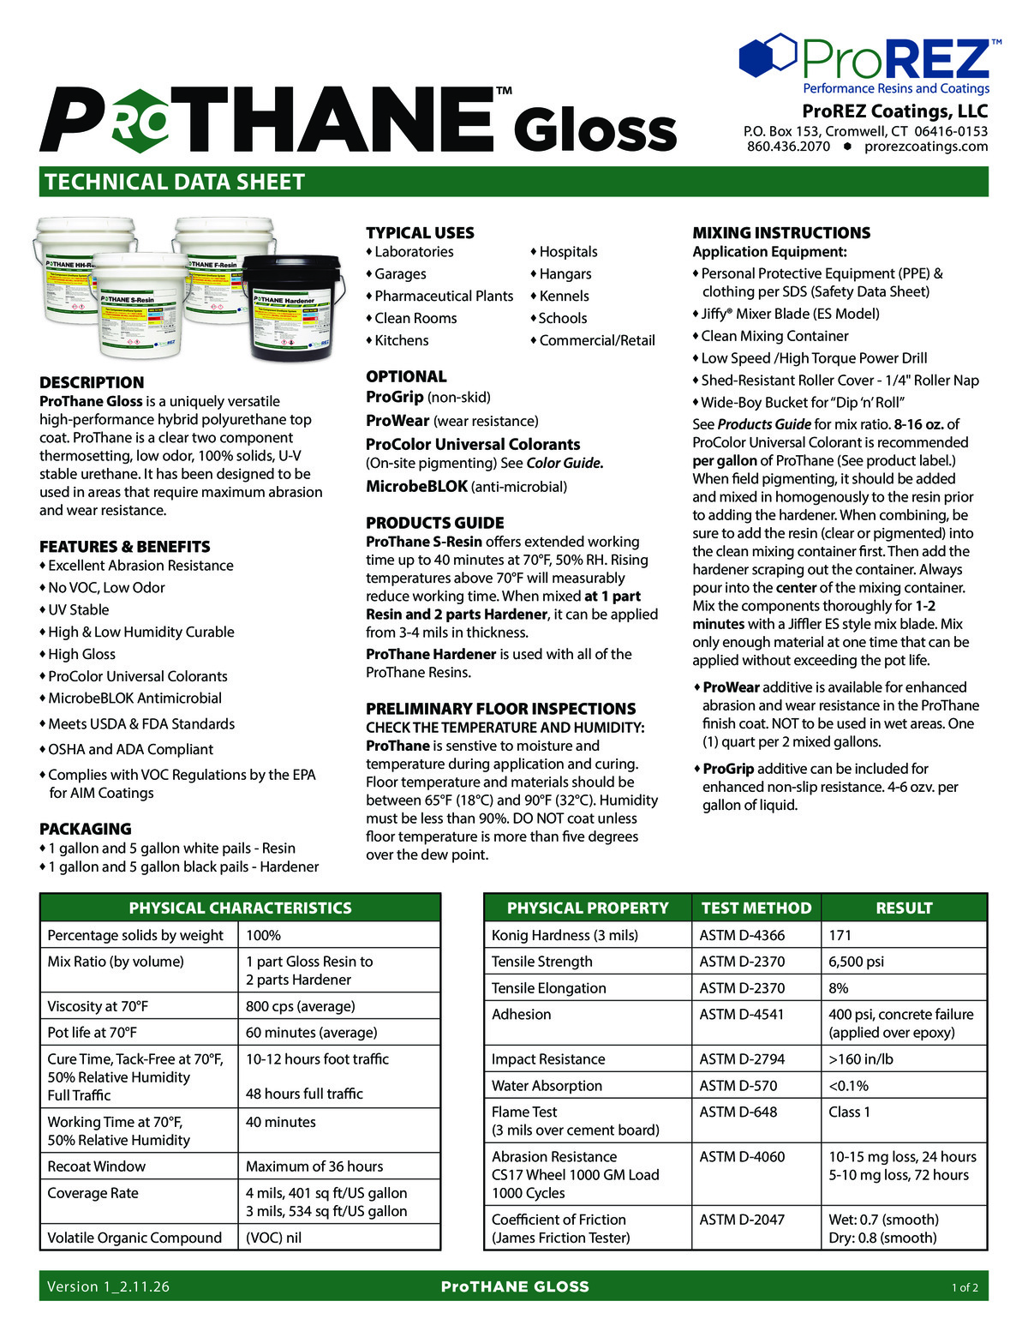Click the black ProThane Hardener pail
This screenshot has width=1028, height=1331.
(x=290, y=309)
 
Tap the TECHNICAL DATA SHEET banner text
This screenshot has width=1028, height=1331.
(x=175, y=182)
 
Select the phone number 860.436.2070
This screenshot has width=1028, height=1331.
(x=788, y=147)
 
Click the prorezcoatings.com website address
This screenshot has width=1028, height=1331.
(x=926, y=147)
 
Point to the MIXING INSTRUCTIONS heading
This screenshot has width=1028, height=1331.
(x=780, y=232)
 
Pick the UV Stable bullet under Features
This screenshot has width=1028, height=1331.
(x=78, y=609)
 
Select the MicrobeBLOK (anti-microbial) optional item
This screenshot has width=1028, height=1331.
(x=466, y=487)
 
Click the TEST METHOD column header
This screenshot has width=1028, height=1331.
(x=756, y=908)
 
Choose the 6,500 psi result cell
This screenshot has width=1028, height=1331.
(x=856, y=962)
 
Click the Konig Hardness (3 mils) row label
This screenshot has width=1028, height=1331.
(x=565, y=935)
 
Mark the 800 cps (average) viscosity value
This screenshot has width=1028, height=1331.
(x=300, y=1006)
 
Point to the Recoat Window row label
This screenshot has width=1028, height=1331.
(x=96, y=1166)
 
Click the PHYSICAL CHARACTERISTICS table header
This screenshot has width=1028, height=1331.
(x=240, y=908)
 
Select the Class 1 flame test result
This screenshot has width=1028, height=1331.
(x=849, y=1112)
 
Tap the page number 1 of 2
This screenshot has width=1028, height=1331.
(x=965, y=1287)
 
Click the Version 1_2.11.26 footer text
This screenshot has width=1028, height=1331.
(x=108, y=1286)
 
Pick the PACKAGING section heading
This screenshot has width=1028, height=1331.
(x=86, y=829)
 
